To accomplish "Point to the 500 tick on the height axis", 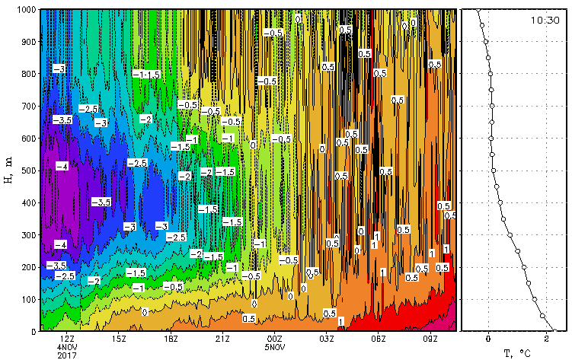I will pos(27,171).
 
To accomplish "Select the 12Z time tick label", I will pos(67,339).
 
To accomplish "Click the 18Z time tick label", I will pos(171,339).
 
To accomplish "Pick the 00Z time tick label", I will pos(274,339).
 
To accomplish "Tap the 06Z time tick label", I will pos(379,339).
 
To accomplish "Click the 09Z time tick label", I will pos(430,339).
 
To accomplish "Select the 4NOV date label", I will pos(67,347).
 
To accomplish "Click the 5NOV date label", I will pos(274,347).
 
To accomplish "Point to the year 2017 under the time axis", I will pos(67,355).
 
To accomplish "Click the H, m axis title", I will pos(8,171).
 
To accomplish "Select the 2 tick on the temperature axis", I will pos(547,339).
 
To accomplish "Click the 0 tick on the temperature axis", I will pos(488,339).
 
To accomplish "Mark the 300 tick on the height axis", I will pos(27,235).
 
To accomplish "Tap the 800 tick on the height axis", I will pos(27,75).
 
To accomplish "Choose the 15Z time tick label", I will pos(119,339).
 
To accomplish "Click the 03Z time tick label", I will pos(327,339).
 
